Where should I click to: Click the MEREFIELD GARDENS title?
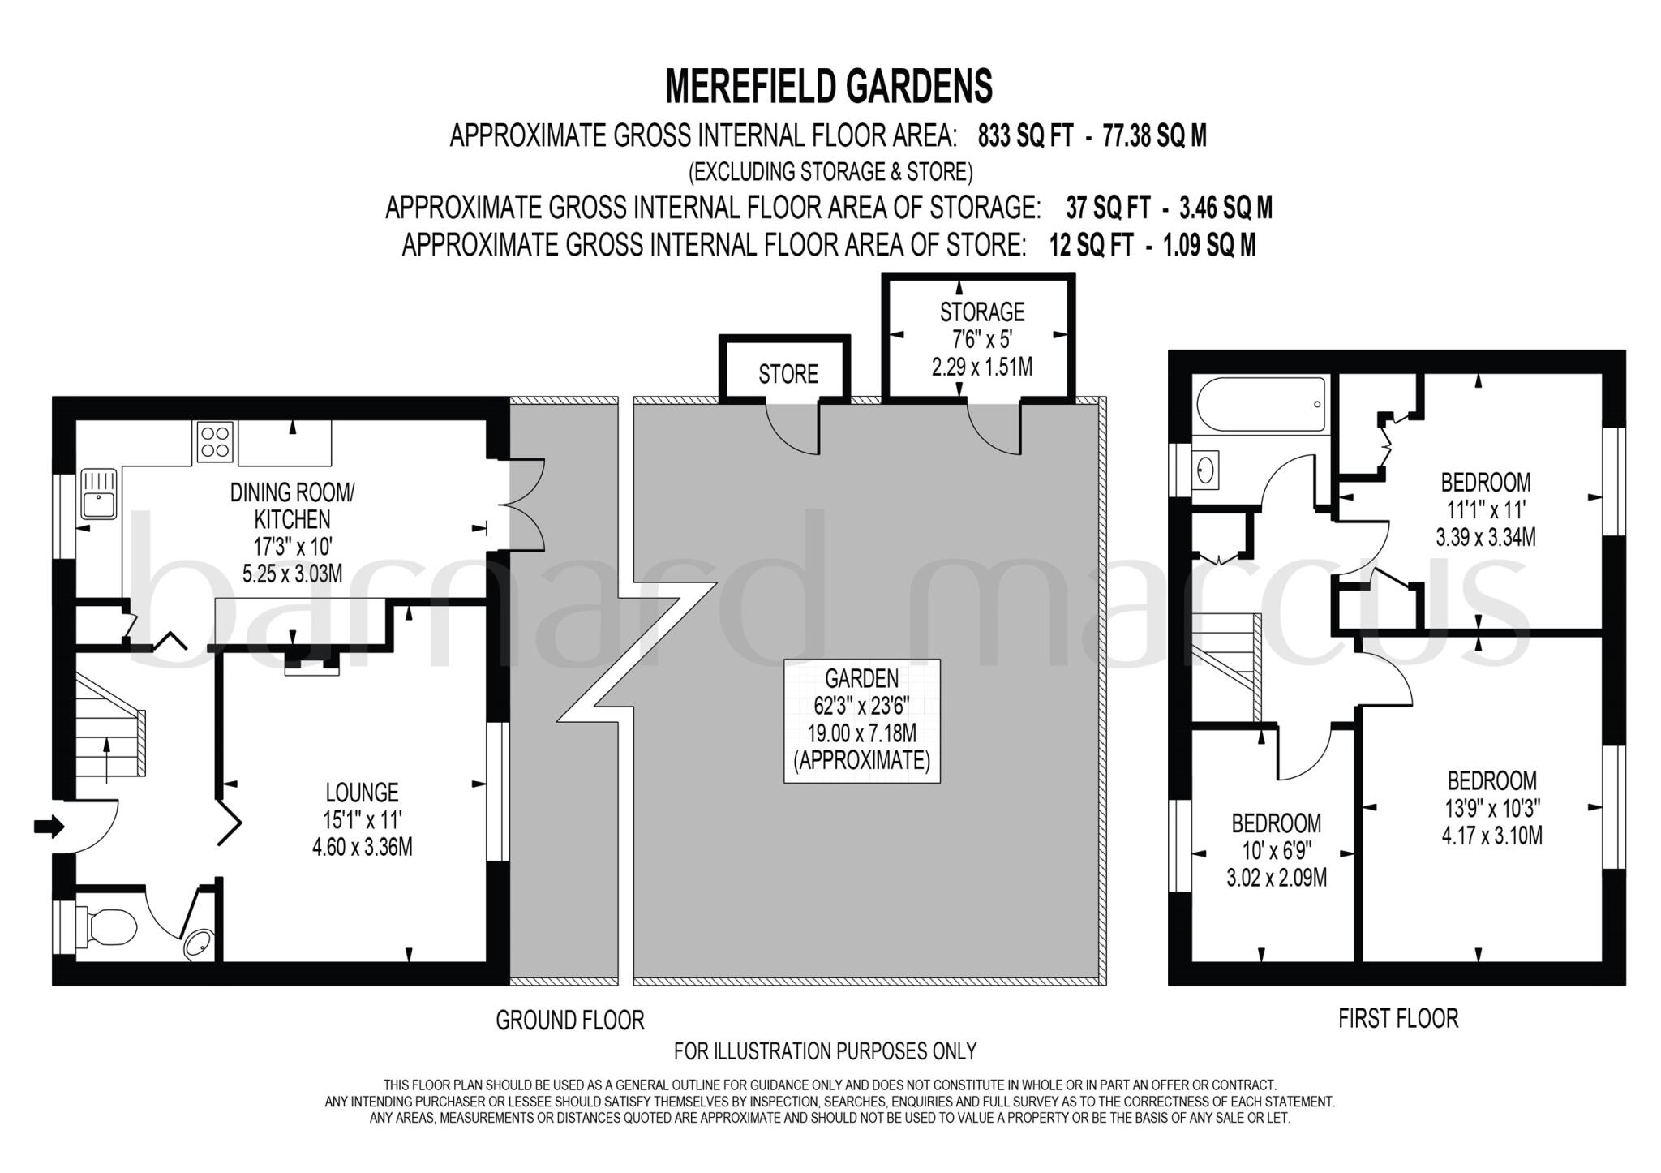coord(828,87)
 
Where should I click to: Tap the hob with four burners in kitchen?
coord(215,442)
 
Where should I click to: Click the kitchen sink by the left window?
coord(100,494)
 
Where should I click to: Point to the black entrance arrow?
coord(48,827)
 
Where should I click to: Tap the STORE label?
coord(788,375)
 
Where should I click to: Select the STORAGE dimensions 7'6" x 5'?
coord(982,339)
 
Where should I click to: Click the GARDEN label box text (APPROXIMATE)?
coord(861,761)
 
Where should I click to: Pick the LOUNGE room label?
coord(362,792)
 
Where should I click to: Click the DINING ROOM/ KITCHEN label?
coord(292,505)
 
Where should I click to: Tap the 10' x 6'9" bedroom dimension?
coord(1276,850)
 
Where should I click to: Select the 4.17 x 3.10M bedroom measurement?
coord(1491,836)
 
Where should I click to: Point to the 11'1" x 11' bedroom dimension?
coord(1485,509)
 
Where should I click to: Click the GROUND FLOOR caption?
coord(569,1020)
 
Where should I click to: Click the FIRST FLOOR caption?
coord(1397,1018)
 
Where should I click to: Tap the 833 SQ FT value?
coord(1025,136)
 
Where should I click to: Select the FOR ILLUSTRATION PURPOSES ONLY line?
coord(825,1051)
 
